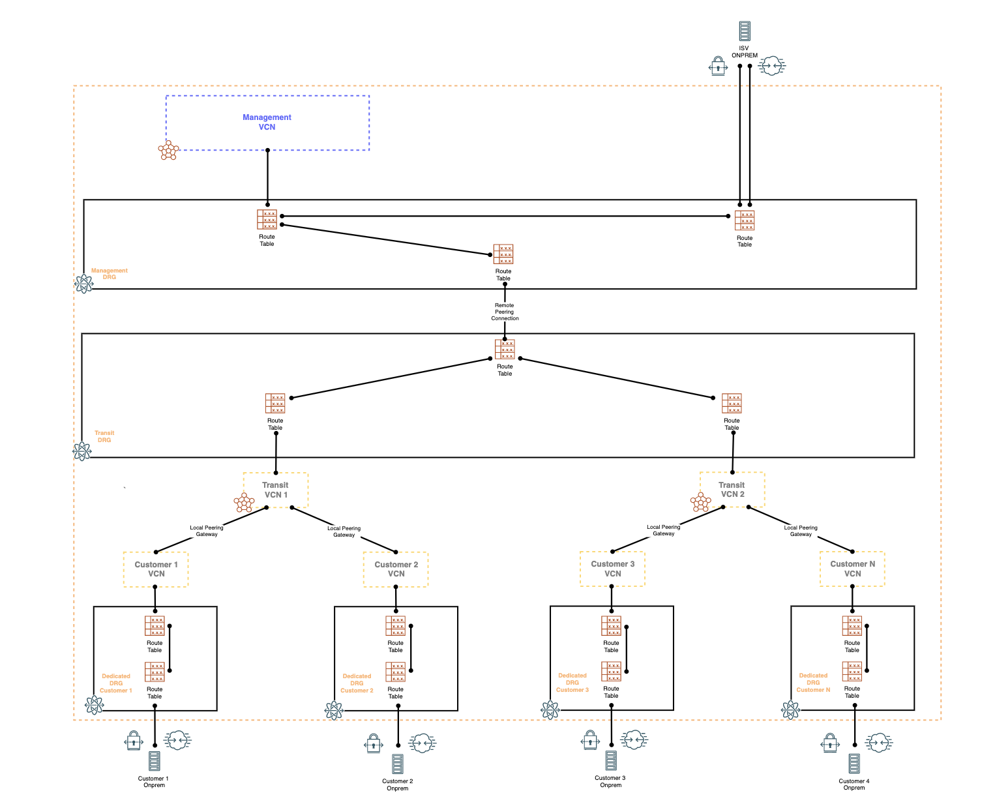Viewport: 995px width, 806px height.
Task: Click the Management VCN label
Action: [x=267, y=122]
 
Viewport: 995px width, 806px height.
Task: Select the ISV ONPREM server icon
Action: [x=744, y=31]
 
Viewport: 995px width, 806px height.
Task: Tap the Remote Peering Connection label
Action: [x=505, y=312]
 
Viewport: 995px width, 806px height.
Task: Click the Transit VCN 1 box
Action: [x=275, y=490]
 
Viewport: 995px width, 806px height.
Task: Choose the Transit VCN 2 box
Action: [x=732, y=489]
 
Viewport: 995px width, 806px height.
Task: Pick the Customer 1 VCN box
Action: [x=156, y=569]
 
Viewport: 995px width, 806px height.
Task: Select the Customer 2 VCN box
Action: [x=396, y=569]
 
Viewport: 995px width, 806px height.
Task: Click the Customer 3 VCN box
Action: [x=612, y=568]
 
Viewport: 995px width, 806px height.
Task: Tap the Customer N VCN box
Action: [x=852, y=568]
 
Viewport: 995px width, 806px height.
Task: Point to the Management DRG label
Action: [x=109, y=274]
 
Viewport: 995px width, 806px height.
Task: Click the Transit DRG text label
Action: [x=104, y=436]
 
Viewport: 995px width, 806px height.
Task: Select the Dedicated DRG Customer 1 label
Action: [x=116, y=683]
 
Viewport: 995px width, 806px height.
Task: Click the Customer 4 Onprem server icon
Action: [x=854, y=763]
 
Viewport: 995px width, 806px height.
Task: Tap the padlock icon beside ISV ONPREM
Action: [x=718, y=66]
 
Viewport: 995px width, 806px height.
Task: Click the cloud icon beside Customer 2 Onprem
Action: [x=423, y=743]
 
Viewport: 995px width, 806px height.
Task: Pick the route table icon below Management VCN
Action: [x=267, y=219]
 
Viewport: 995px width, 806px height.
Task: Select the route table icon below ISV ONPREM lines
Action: [x=745, y=220]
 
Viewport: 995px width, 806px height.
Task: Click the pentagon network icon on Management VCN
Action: [x=168, y=151]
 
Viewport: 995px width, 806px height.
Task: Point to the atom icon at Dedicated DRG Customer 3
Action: [x=550, y=709]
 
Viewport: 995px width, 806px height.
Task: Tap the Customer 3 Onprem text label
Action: [x=610, y=781]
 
